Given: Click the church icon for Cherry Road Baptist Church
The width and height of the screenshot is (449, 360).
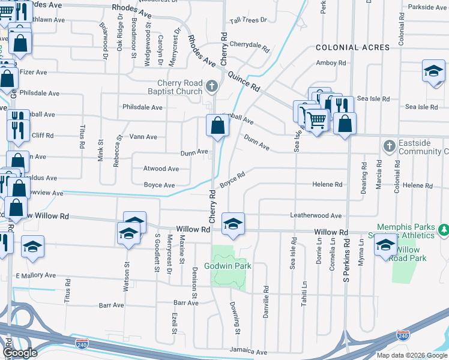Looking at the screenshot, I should pyautogui.click(x=211, y=87).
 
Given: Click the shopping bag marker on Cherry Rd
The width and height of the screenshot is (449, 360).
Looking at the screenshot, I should pyautogui.click(x=217, y=126).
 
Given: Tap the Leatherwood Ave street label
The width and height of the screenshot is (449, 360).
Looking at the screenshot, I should pyautogui.click(x=316, y=216).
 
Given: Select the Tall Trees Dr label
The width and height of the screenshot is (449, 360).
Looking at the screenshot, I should pyautogui.click(x=248, y=20).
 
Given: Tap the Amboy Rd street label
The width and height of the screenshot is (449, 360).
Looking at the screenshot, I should pyautogui.click(x=331, y=63).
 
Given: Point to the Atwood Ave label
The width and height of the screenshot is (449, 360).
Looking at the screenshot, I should pyautogui.click(x=161, y=169).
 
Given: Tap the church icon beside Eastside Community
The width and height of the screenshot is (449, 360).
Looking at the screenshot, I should pyautogui.click(x=389, y=146).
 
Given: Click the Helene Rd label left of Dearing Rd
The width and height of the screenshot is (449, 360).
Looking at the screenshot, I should pyautogui.click(x=327, y=185).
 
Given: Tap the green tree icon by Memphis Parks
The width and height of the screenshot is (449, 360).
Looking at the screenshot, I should pyautogui.click(x=443, y=230).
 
